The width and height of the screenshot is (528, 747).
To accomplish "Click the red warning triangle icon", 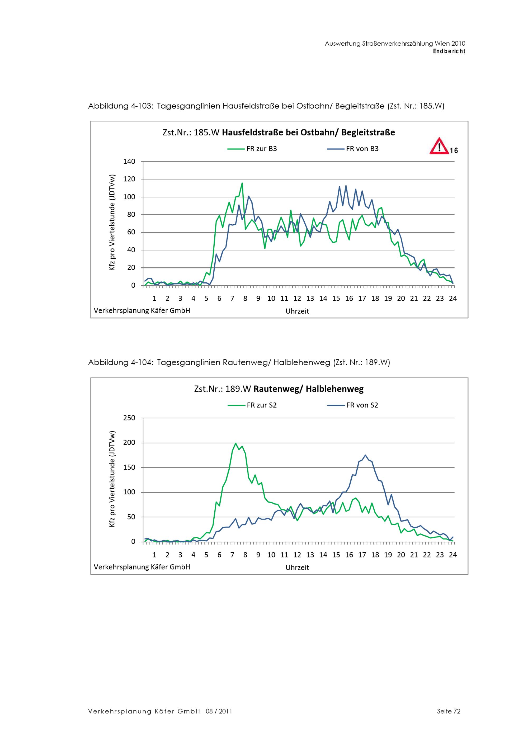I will (x=439, y=146).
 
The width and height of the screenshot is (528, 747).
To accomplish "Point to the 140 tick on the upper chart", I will (x=129, y=161).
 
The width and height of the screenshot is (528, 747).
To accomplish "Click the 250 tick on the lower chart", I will (x=129, y=418).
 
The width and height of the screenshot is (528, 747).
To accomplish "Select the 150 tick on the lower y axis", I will (x=129, y=467).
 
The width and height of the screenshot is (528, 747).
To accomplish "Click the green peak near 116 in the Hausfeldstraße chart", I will (x=242, y=183).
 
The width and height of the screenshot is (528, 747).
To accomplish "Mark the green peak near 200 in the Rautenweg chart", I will (x=235, y=443).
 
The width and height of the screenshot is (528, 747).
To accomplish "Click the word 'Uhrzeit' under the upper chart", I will (x=297, y=311).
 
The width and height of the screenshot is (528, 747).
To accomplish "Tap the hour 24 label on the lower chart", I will (x=452, y=555).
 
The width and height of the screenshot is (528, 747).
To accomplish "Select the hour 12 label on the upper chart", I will (x=297, y=298).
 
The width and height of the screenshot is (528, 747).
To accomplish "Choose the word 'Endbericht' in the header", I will (x=449, y=51).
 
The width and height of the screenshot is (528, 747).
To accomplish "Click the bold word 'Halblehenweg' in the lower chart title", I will (x=334, y=389).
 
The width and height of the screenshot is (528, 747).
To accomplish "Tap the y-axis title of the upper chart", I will (x=112, y=223).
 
